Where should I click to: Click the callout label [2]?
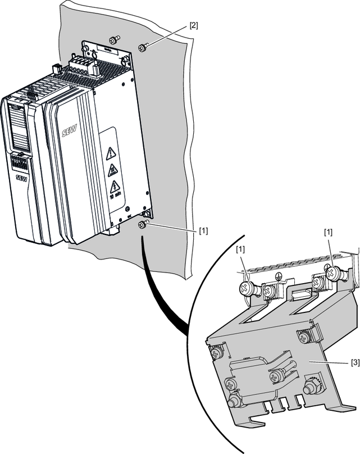pyautogui.click(x=193, y=25)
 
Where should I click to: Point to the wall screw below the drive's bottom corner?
pyautogui.click(x=142, y=225)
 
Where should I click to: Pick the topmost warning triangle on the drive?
pyautogui.click(x=111, y=151)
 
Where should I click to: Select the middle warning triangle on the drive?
pyautogui.click(x=112, y=169)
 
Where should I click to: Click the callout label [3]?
pyautogui.click(x=354, y=363)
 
